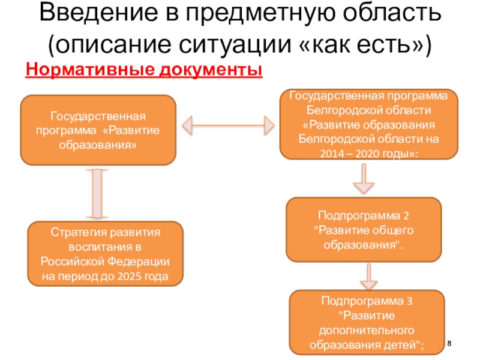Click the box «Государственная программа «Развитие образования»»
(x=99, y=130)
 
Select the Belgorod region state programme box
(x=369, y=124)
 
